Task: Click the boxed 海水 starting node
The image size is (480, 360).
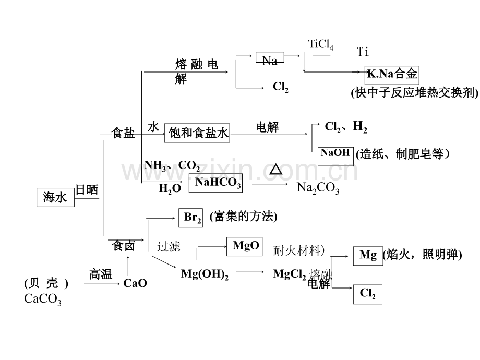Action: tap(55, 197)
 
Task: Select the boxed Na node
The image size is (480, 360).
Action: tap(270, 59)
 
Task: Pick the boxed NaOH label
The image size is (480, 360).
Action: tap(335, 155)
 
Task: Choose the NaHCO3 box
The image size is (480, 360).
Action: tap(215, 183)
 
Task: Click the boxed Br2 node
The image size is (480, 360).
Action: tap(193, 218)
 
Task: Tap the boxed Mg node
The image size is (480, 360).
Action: tap(367, 255)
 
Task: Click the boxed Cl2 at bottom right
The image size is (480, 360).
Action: tap(367, 294)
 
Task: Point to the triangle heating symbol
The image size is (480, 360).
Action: tap(275, 170)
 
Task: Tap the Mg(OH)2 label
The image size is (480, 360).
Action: tap(205, 274)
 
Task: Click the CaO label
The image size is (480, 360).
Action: tap(135, 283)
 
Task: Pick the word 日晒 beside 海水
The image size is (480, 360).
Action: tap(87, 189)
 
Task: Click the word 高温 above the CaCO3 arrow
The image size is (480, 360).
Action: tap(100, 274)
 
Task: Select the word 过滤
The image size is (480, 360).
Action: tap(169, 246)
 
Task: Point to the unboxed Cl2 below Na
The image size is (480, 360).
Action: tap(281, 87)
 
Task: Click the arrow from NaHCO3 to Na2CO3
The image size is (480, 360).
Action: tap(269, 184)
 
